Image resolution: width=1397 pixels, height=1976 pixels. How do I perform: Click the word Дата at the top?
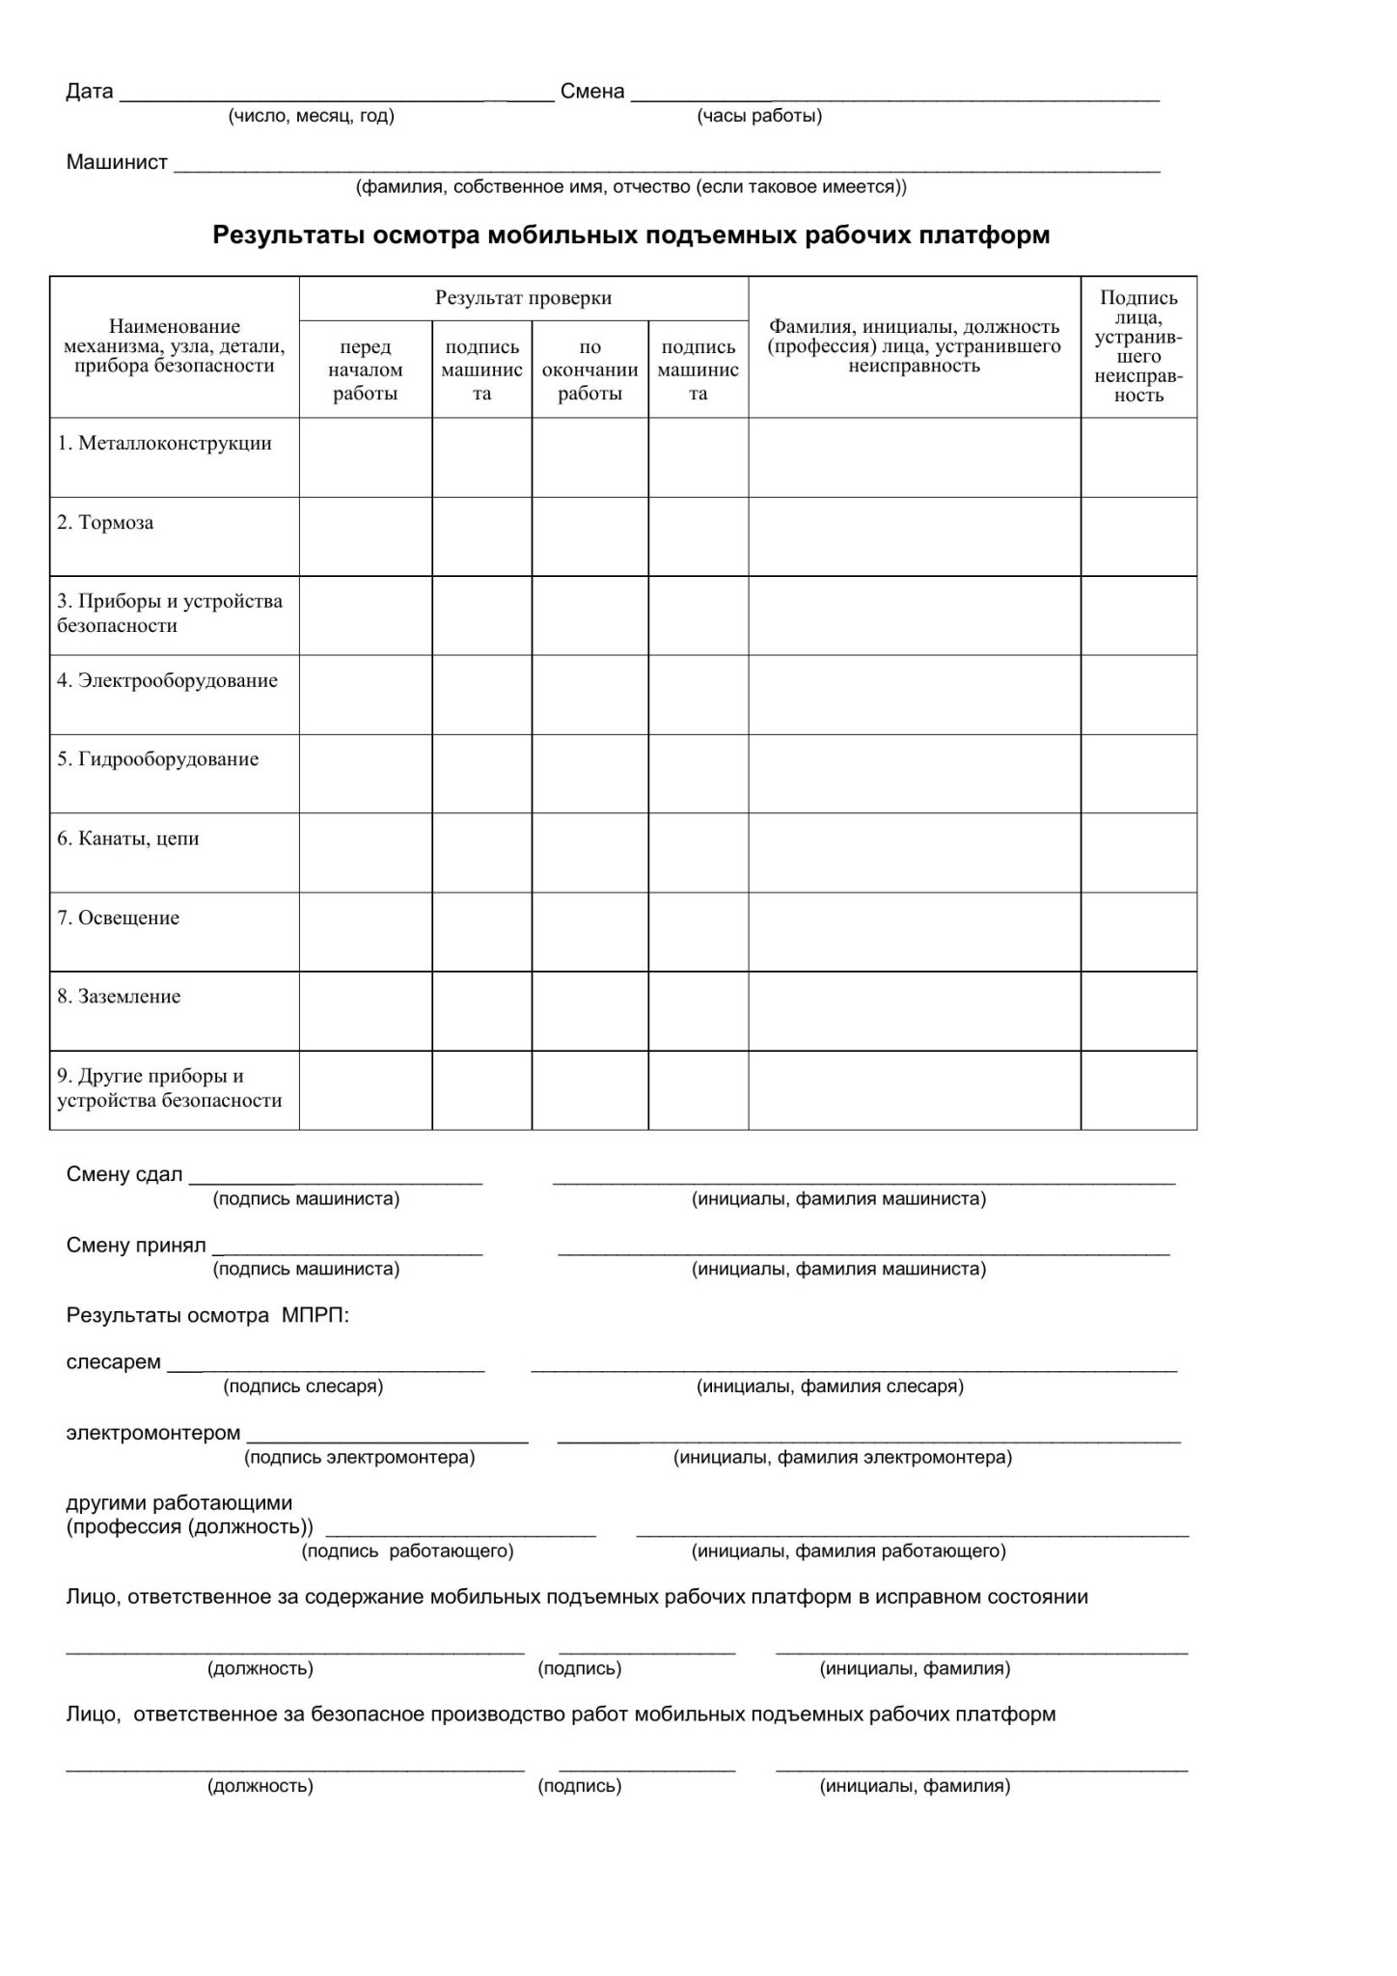90,92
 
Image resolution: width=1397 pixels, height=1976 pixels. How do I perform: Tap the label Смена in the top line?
592,92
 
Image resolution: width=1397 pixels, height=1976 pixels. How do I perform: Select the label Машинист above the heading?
117,162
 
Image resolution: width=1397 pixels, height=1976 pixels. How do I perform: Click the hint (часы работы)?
759,117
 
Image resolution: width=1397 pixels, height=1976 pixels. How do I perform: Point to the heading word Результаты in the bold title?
289,235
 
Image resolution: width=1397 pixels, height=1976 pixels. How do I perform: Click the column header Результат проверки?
523,298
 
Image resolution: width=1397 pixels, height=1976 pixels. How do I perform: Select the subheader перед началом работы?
366,370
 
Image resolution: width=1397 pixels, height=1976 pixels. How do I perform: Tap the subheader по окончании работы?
589,370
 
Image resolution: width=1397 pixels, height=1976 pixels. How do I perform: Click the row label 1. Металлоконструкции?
164,444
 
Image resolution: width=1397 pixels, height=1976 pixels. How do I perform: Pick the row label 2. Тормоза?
105,523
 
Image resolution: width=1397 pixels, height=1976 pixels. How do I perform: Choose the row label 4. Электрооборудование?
167,681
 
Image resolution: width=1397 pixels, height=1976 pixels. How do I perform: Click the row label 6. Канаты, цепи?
128,838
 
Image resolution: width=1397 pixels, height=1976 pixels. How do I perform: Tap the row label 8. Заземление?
119,997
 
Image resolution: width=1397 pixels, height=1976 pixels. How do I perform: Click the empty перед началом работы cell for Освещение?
366,932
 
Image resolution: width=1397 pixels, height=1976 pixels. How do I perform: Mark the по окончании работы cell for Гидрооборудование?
589,774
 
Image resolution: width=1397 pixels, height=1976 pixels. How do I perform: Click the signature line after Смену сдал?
336,1179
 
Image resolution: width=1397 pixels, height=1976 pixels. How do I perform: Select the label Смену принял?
136,1246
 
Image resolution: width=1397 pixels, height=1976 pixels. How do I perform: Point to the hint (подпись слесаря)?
304,1386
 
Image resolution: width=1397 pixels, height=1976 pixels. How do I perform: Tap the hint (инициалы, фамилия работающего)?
849,1551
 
